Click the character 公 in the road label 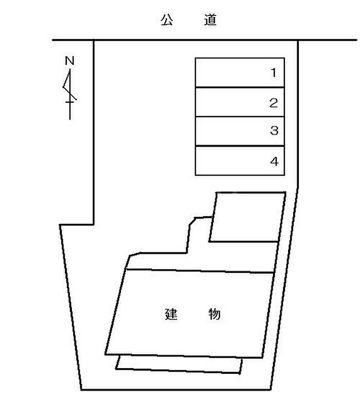click(x=167, y=20)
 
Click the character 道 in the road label click(x=210, y=20)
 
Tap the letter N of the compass click(x=69, y=61)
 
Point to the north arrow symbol click(x=69, y=94)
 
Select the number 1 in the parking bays click(x=274, y=73)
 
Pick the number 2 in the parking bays click(x=274, y=103)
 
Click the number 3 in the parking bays click(x=274, y=130)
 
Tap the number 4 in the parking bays click(x=274, y=161)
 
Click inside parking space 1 click(x=240, y=73)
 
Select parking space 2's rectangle click(x=240, y=102)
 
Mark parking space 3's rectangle click(x=240, y=131)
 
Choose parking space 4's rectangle click(x=240, y=161)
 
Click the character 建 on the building click(x=171, y=314)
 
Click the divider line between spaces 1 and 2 click(x=240, y=88)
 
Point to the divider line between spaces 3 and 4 click(x=240, y=146)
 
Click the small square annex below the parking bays click(x=247, y=217)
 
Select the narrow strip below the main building click(x=178, y=365)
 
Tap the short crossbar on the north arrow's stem click(x=69, y=102)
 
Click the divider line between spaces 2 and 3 click(x=240, y=117)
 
